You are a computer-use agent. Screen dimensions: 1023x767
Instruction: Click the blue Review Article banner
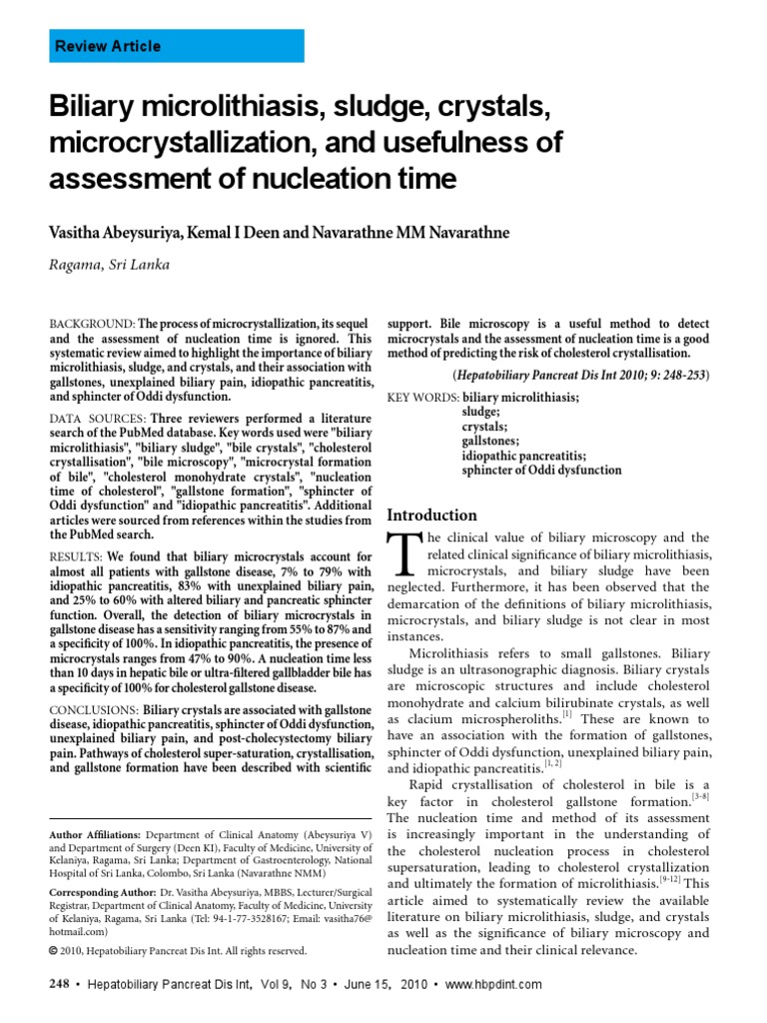click(177, 46)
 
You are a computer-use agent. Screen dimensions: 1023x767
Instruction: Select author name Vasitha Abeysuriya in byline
click(110, 233)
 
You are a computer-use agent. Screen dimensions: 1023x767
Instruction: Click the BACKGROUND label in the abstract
click(91, 326)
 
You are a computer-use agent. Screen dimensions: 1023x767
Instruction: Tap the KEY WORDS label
click(422, 398)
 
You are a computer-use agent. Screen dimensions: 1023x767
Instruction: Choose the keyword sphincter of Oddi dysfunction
click(541, 470)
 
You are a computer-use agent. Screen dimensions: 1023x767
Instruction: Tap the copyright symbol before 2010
click(54, 950)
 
